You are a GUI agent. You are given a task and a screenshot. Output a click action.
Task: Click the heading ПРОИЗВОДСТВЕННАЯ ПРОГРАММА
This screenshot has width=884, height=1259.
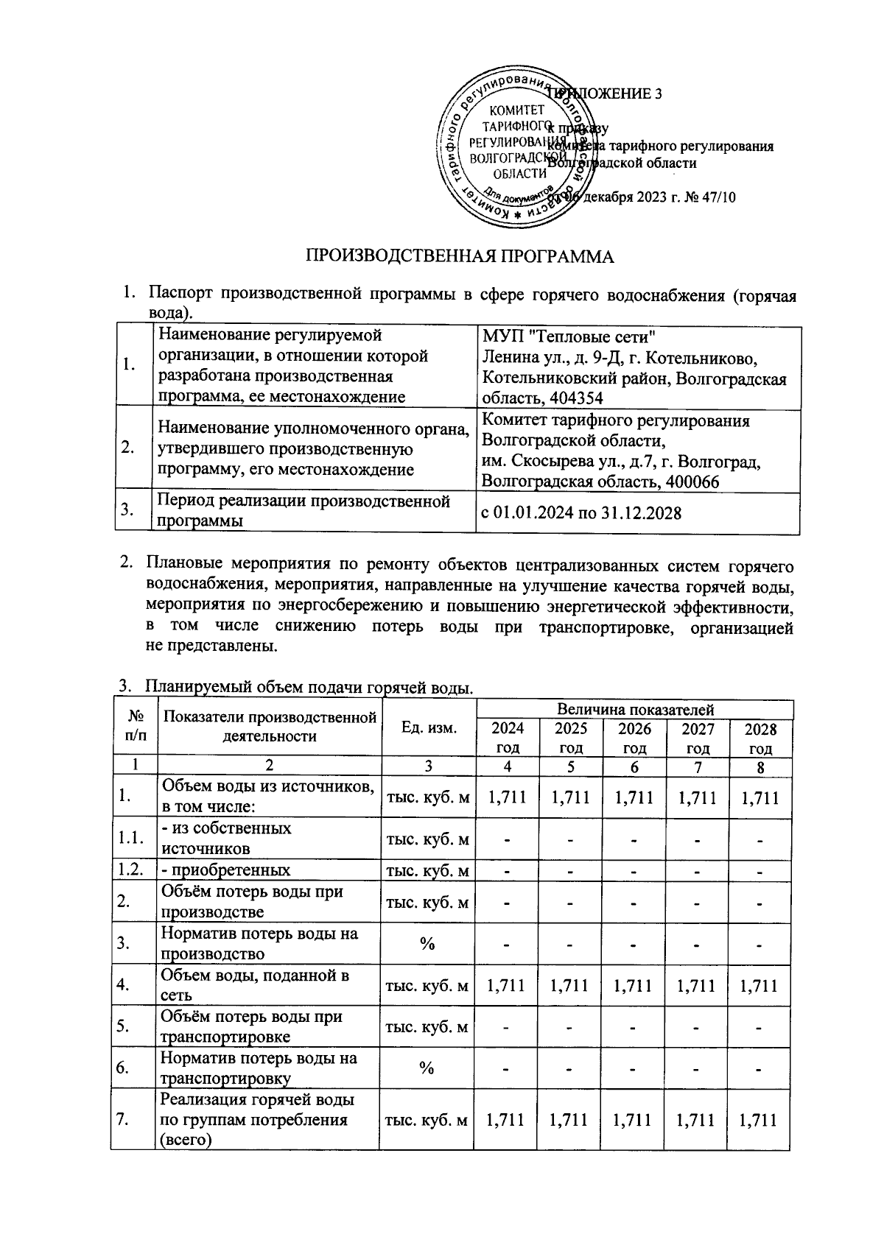pos(460,257)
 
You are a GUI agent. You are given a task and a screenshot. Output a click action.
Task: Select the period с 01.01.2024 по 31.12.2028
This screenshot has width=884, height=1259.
pos(580,513)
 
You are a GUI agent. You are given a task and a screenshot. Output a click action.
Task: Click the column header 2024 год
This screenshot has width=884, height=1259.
pos(508,738)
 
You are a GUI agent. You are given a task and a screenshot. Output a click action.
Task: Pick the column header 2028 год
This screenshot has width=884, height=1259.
pos(760,738)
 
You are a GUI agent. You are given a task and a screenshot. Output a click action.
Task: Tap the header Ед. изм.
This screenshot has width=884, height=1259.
pos(429,727)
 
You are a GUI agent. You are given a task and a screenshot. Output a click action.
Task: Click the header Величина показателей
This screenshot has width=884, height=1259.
pos(635,710)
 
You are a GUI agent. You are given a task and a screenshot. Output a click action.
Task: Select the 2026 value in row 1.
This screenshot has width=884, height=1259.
pos(634,797)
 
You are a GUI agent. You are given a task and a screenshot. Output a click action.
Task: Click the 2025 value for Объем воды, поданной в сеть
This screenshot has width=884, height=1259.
pos(571,985)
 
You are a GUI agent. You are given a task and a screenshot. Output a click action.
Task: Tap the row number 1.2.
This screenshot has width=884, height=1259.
pos(131,870)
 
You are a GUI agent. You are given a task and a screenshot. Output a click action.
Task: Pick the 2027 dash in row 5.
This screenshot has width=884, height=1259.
pos(697,1026)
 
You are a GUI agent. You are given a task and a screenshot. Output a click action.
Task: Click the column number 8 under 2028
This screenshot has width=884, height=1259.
pos(760,766)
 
